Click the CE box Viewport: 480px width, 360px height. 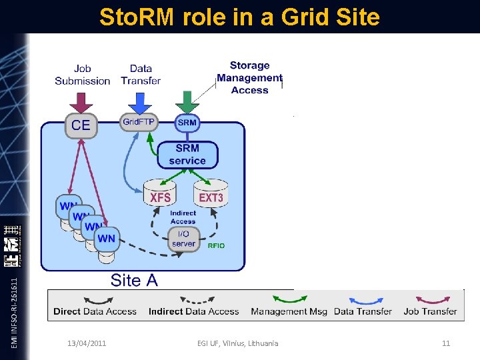click(81, 125)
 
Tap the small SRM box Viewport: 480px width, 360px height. click(187, 123)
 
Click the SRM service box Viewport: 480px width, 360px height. click(187, 155)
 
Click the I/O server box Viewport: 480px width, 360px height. click(183, 239)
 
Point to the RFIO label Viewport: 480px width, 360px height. click(216, 246)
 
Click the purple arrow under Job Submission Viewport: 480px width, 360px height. click(82, 101)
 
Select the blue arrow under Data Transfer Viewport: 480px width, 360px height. click(140, 101)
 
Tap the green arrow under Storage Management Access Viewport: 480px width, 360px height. click(187, 101)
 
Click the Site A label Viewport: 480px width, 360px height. click(134, 280)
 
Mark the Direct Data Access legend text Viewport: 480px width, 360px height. click(95, 311)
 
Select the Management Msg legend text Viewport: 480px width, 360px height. click(289, 311)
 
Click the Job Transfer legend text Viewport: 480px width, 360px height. click(430, 311)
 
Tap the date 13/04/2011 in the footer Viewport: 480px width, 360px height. click(87, 343)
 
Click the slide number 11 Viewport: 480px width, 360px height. click(446, 343)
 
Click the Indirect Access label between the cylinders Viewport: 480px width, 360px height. click(183, 217)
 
